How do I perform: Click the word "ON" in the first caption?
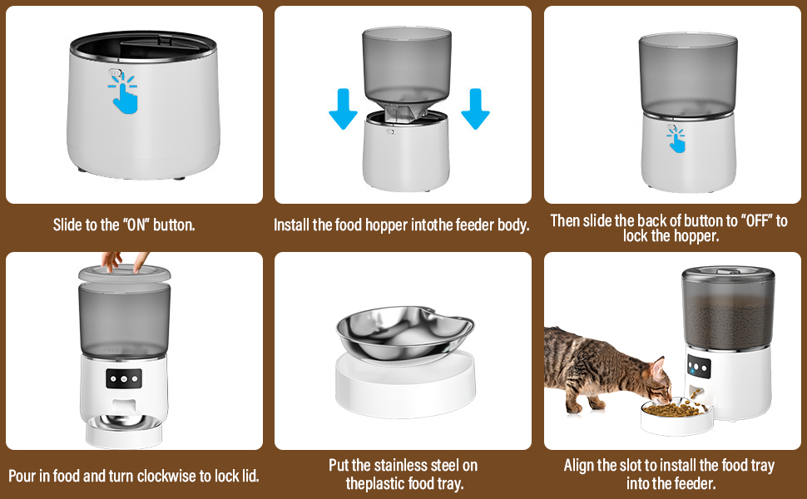pos(136,225)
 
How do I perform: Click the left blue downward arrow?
pos(344,109)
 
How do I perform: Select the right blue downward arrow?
pos(475,109)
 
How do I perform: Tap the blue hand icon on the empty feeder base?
pos(123,92)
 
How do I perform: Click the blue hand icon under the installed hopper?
pos(676,140)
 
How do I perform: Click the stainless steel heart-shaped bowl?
pos(404,333)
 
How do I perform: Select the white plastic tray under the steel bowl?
pos(405,383)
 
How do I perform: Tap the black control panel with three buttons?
pos(123,378)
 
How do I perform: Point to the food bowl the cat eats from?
pos(676,415)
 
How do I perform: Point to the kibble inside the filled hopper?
pos(728,321)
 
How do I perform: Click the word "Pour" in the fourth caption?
pos(22,476)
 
